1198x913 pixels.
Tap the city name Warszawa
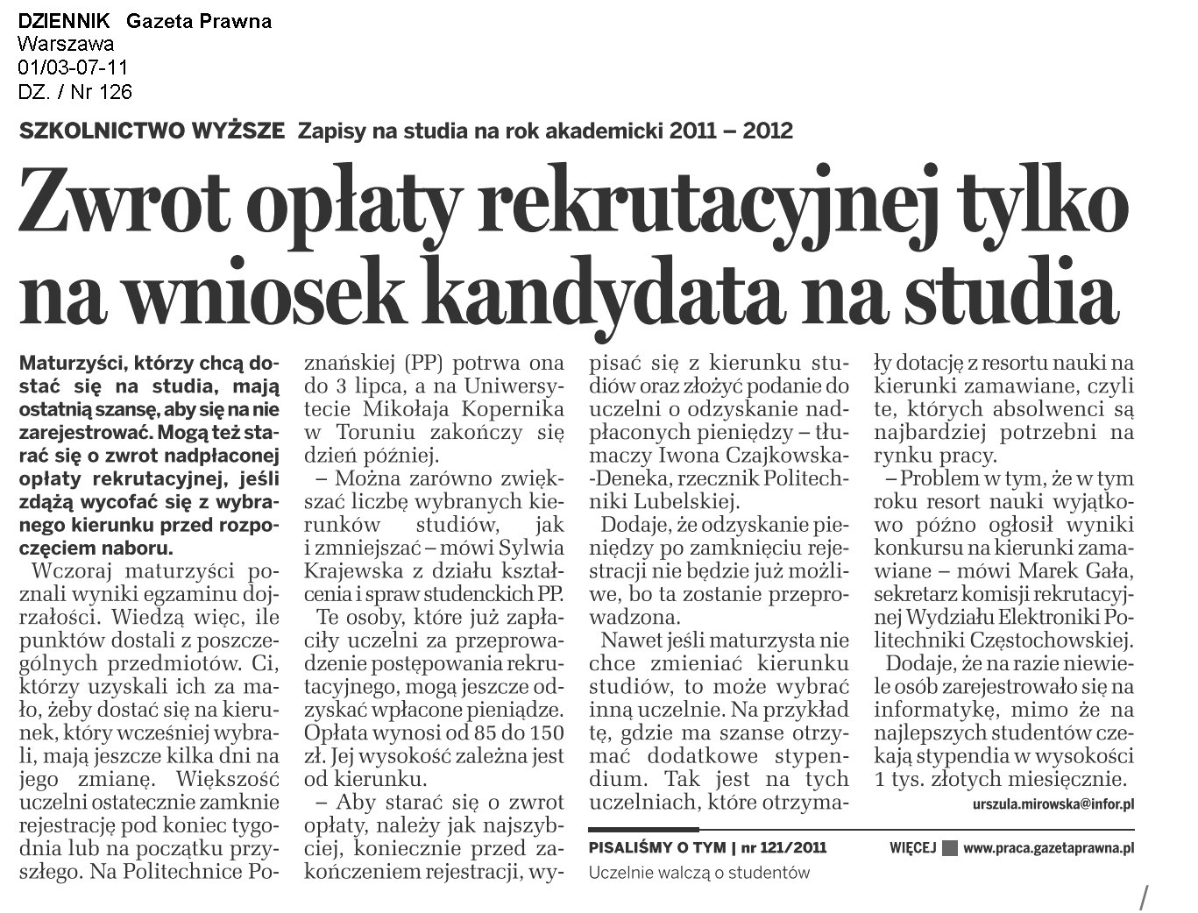pos(65,45)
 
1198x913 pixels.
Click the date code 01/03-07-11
pos(73,68)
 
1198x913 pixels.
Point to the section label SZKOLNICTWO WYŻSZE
pos(151,131)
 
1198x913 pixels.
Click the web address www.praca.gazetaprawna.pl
pos(1048,848)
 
